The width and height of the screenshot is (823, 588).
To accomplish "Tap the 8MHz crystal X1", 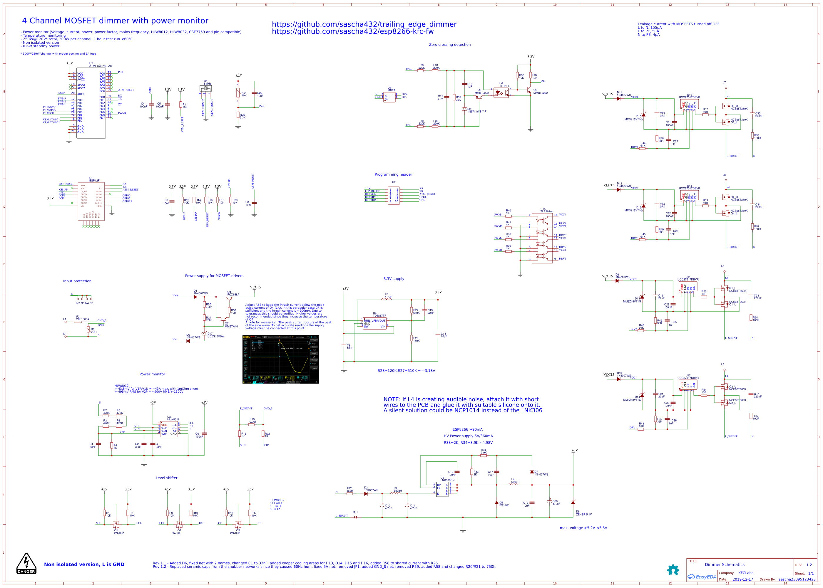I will [205, 88].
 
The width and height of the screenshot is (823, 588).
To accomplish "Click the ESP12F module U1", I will [91, 202].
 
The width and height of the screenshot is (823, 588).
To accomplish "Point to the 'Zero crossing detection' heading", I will [449, 45].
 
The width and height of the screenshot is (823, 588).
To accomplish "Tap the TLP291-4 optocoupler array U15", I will [542, 237].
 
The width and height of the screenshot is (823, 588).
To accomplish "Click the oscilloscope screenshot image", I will [280, 359].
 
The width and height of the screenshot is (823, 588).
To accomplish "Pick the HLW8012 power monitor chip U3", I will [169, 429].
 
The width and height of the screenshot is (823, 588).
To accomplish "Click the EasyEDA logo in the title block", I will [702, 577].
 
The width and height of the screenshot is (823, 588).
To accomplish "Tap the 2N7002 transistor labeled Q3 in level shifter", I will [237, 524].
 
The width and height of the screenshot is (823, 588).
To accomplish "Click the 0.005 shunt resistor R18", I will [251, 424].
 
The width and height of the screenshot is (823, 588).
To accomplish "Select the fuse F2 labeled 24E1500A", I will [78, 322].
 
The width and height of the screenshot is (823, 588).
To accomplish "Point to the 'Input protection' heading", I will [77, 281].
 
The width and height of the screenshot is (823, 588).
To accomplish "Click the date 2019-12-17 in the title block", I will [742, 579].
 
